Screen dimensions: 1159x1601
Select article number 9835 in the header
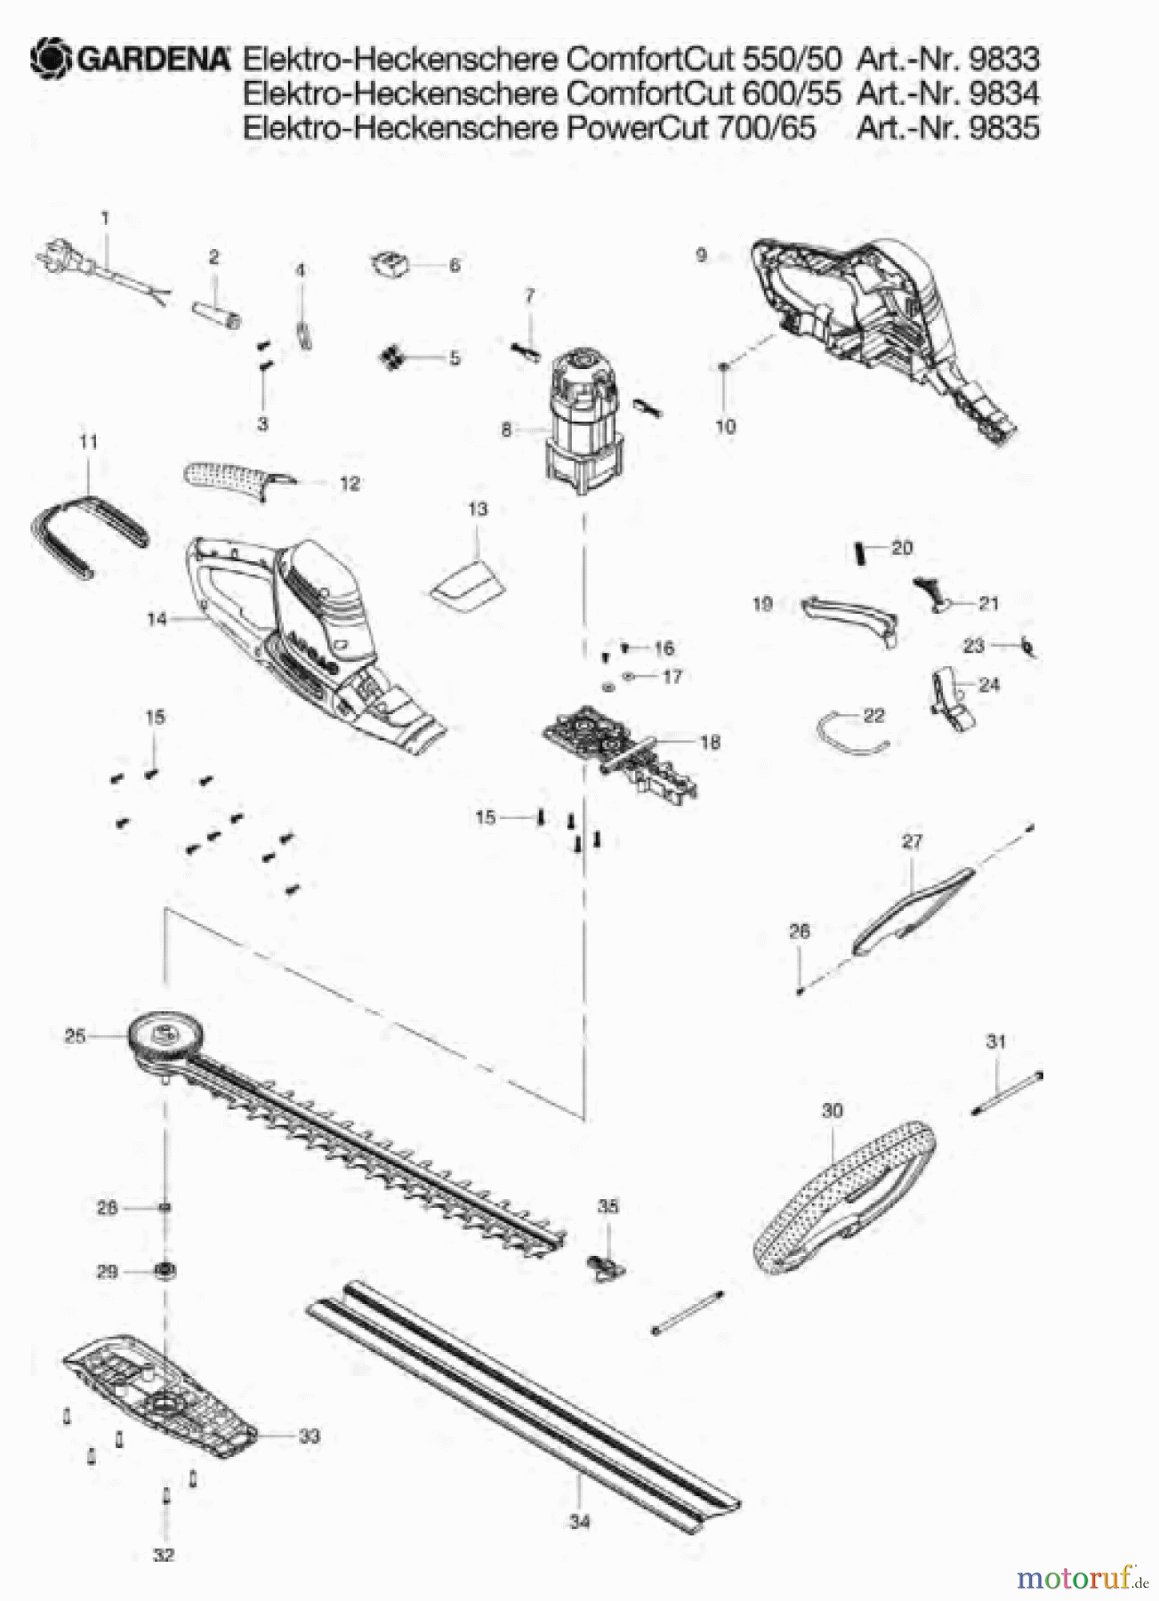point(1003,127)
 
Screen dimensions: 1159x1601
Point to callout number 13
point(478,509)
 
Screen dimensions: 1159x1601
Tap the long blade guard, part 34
point(525,1405)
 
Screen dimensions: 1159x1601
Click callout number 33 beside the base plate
point(309,1436)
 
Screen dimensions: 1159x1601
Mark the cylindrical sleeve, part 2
point(217,314)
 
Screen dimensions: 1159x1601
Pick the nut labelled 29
point(164,1271)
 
